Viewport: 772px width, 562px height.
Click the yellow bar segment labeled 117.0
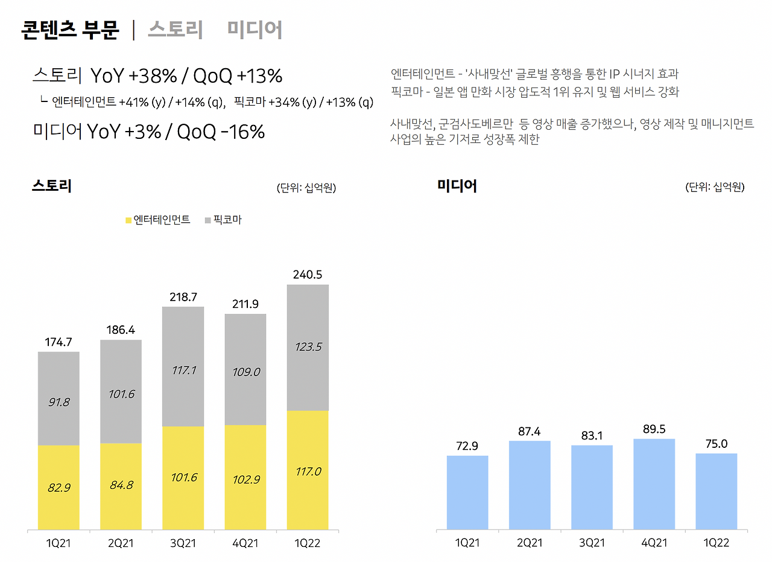click(x=308, y=470)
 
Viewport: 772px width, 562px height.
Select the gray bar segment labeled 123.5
click(x=308, y=347)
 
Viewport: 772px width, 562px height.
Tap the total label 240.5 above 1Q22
click(x=308, y=275)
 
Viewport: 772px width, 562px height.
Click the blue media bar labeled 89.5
click(x=654, y=484)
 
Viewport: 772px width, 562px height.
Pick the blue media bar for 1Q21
click(x=467, y=493)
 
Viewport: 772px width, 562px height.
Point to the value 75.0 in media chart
click(x=716, y=444)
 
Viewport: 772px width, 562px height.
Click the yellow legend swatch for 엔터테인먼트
click(x=128, y=220)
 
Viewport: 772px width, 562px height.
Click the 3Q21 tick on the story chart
click(x=183, y=543)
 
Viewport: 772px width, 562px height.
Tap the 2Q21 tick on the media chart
click(x=530, y=543)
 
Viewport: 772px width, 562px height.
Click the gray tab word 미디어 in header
click(x=255, y=30)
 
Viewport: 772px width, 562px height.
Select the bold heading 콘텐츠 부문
click(x=71, y=30)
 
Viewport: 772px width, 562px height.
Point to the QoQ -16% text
click(x=221, y=132)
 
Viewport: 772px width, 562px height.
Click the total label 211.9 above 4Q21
click(x=245, y=304)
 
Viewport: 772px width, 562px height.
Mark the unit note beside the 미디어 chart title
click(x=715, y=187)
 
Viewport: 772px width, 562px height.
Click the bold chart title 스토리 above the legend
click(x=52, y=186)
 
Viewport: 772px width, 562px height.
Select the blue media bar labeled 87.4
click(x=530, y=485)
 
